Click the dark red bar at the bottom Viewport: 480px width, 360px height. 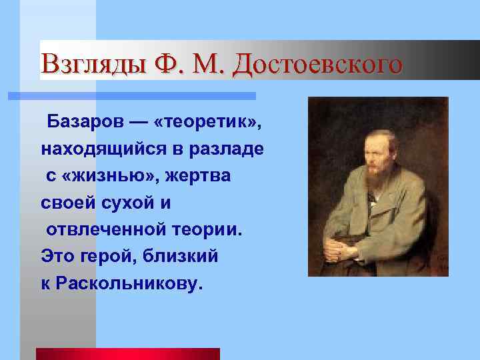pyautogui.click(x=127, y=353)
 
